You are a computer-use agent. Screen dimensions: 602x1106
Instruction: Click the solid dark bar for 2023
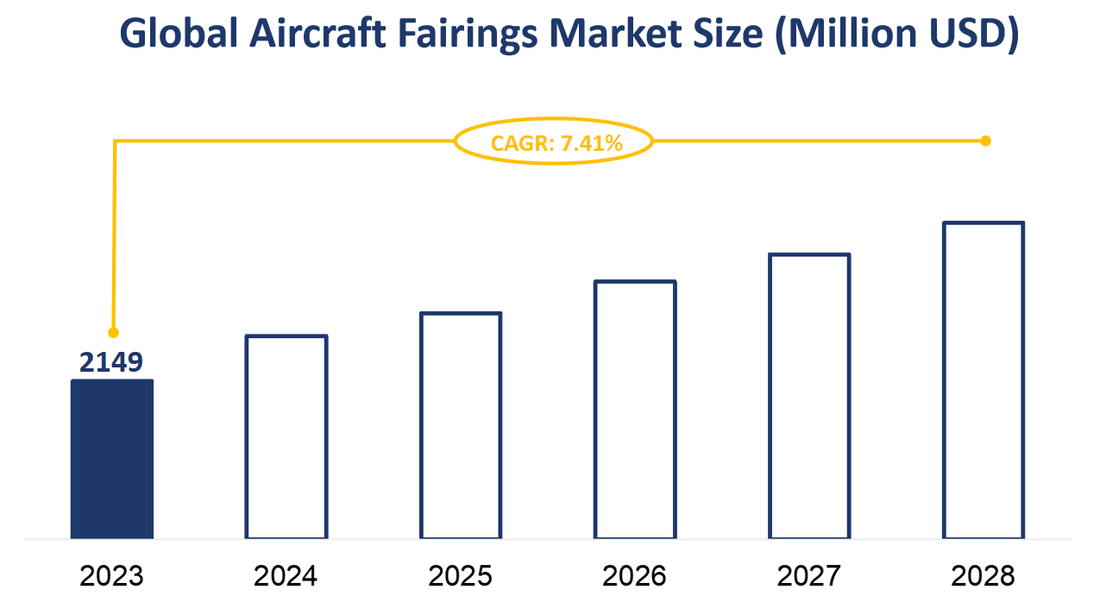[112, 459]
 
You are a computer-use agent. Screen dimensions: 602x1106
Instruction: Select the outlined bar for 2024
[286, 436]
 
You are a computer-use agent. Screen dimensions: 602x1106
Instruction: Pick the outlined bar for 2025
[461, 425]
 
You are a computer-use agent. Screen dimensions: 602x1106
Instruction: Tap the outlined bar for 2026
[635, 410]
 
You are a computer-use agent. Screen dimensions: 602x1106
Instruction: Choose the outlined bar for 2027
[809, 396]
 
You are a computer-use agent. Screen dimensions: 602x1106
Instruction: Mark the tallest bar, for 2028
[983, 380]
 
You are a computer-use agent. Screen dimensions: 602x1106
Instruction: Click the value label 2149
[111, 363]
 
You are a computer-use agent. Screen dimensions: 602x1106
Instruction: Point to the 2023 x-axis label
[111, 575]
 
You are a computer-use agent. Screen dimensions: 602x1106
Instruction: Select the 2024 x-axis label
[286, 575]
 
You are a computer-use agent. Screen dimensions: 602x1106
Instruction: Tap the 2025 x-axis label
[461, 575]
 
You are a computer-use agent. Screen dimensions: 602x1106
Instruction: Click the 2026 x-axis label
[635, 575]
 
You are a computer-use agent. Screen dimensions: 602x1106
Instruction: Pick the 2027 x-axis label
[809, 575]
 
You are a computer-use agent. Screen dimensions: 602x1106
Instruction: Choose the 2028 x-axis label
[983, 575]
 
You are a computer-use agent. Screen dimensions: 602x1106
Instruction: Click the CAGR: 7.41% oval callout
[554, 142]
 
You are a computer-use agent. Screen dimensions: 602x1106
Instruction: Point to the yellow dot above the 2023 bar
[113, 332]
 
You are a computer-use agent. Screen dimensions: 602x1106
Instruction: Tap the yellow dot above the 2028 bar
[986, 141]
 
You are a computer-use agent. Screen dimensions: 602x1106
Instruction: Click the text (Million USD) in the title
[897, 34]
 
